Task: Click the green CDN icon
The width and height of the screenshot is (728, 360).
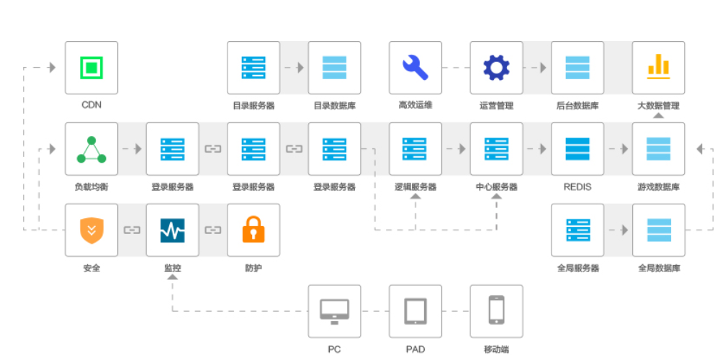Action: coord(91,68)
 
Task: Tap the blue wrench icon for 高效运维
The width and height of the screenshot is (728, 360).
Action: coord(415,68)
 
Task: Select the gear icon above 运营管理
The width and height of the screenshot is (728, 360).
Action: coord(496,68)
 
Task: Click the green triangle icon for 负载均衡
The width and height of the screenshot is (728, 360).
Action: coord(91,149)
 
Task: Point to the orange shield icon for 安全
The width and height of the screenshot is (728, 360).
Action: coord(91,230)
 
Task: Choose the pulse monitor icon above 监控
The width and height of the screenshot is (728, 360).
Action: coord(172,230)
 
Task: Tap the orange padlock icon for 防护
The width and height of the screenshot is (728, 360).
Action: coord(253,230)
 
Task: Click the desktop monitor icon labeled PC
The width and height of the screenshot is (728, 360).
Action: coord(334,311)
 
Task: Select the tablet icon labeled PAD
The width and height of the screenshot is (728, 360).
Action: coord(415,311)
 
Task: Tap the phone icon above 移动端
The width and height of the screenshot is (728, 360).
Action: coord(496,311)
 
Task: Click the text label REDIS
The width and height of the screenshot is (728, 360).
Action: coord(578,187)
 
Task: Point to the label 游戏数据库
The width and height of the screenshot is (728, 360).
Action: coord(658,187)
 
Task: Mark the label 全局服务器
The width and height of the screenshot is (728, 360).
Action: coord(578,269)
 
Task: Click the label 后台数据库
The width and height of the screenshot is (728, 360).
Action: coord(578,106)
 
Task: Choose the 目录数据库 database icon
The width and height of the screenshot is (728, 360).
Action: coord(334,68)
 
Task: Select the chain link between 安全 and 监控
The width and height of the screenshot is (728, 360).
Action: coord(132,230)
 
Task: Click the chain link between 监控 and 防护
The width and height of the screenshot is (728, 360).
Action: coord(213,230)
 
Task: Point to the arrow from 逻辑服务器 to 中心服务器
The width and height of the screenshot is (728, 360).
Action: coord(456,149)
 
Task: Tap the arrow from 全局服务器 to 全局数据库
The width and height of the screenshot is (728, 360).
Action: coord(618,230)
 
